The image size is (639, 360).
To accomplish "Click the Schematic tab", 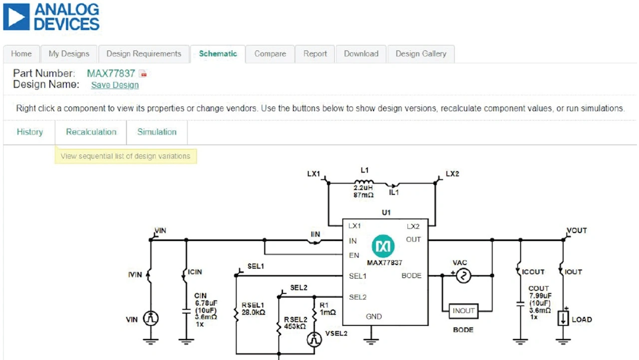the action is [218, 54].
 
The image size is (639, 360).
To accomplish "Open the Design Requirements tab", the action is [144, 54].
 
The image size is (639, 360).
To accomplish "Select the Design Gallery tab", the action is [421, 54].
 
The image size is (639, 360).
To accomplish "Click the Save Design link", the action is [115, 85].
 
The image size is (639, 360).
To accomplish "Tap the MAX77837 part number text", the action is [111, 73].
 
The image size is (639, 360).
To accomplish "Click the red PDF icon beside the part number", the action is [143, 74].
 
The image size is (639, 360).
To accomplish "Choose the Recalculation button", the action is [91, 132].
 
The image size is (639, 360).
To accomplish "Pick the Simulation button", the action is [157, 132].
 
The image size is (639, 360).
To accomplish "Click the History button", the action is [29, 132].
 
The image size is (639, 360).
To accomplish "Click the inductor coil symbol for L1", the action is [364, 181].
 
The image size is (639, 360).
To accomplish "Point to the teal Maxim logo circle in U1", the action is [383, 246].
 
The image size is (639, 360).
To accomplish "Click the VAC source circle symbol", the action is [463, 276].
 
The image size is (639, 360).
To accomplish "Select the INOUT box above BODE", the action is [463, 311].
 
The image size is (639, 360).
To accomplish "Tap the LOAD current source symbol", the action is [563, 319].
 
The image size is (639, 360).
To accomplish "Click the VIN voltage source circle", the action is [151, 319].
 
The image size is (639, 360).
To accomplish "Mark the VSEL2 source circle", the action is [314, 340].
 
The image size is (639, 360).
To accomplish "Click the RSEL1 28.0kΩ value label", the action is [253, 313].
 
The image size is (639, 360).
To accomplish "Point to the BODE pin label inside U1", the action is [411, 276].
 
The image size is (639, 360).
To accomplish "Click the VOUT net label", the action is [577, 231].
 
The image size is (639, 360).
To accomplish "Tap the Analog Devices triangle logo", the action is [16, 17].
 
